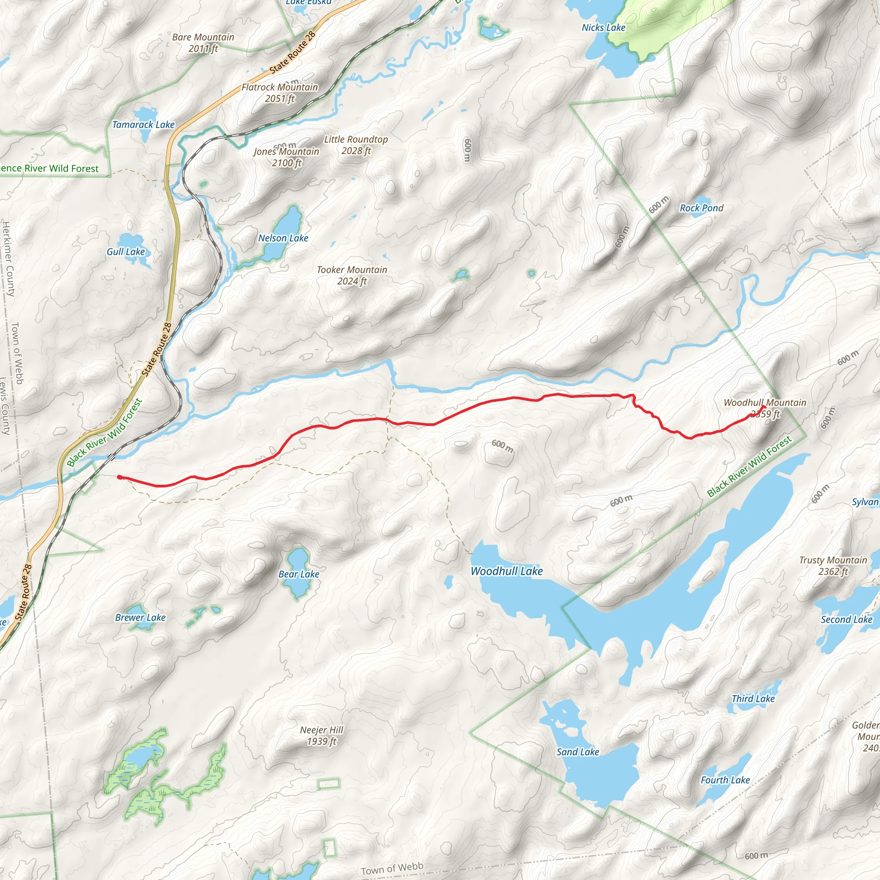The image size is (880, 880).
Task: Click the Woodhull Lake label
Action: coord(507,571)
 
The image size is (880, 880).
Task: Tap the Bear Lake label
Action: coord(299,574)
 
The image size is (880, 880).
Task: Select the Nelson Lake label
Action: coord(283,238)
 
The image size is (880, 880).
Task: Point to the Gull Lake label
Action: coord(126,252)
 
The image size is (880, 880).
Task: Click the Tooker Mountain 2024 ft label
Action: coord(351,275)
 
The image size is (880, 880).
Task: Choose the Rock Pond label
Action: coord(701,208)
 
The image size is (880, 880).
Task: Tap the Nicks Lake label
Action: coord(604,28)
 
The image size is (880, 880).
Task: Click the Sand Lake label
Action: coord(577,752)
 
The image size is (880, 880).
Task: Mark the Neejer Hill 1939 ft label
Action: coord(321,736)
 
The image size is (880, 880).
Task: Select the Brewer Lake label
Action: coord(140,617)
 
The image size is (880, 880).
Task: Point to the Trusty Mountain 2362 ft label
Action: coord(833,566)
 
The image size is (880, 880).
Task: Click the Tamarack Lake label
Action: coord(144,125)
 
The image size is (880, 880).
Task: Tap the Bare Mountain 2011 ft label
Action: coord(203,43)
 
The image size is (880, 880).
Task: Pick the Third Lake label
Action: coord(753,699)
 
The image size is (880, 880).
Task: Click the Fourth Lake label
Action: coord(725,780)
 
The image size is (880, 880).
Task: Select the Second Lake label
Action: coord(846,620)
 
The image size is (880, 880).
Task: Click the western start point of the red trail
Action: coord(119,477)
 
